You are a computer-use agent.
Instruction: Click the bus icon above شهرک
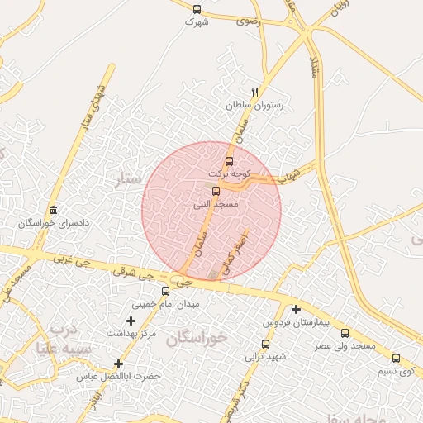(x=197, y=9)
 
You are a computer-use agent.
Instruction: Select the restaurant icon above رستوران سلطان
(x=254, y=92)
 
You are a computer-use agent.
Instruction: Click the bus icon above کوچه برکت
(x=229, y=161)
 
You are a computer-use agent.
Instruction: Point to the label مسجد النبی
(x=216, y=203)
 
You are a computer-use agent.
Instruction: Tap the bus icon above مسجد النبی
(x=216, y=191)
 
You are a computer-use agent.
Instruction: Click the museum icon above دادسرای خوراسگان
(x=54, y=210)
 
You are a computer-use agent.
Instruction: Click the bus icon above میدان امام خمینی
(x=165, y=291)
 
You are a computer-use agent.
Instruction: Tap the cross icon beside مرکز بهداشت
(x=131, y=320)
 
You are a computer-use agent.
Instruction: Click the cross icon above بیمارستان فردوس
(x=296, y=309)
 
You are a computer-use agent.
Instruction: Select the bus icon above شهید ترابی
(x=265, y=344)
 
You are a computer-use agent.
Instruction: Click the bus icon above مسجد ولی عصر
(x=345, y=333)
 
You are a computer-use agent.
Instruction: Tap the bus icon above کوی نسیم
(x=396, y=359)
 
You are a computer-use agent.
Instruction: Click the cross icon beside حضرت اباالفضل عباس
(x=119, y=364)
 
